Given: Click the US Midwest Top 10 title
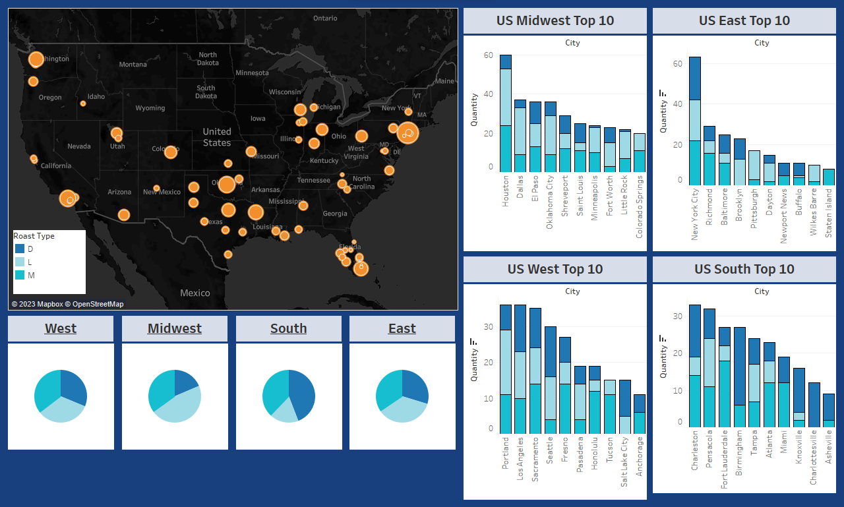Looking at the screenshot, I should tap(555, 20).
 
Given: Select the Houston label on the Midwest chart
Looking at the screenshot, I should tap(506, 191).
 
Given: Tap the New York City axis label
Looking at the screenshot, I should tap(694, 214).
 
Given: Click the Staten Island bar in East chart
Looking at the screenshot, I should tap(829, 177).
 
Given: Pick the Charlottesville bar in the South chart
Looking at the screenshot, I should tap(814, 405).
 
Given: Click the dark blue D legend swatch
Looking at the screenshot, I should tap(20, 249).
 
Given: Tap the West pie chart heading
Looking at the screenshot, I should tap(61, 328).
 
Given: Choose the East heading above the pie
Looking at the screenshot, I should tap(402, 328).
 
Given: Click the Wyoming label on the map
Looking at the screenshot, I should tap(150, 108).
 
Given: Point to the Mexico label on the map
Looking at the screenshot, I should tap(195, 293).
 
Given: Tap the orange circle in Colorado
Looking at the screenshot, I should tap(171, 152).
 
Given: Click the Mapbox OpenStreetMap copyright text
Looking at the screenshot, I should tap(67, 304).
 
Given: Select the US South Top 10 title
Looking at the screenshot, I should tap(744, 269).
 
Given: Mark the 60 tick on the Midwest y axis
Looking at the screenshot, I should tap(488, 55).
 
